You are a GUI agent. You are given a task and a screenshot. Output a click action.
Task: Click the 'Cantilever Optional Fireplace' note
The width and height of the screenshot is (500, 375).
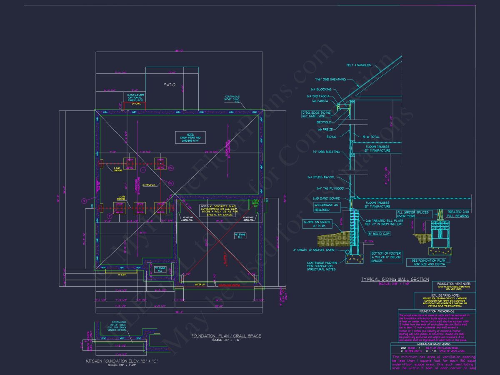[135, 97]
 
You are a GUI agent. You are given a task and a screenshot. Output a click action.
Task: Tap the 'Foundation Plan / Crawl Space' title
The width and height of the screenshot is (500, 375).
[226, 336]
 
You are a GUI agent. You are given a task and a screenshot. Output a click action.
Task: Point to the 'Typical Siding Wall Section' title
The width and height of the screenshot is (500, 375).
[395, 279]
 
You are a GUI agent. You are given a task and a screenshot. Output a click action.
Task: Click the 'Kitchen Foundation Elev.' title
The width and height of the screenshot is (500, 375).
[122, 361]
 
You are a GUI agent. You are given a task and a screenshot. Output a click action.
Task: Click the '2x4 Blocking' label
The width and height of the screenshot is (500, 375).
[321, 90]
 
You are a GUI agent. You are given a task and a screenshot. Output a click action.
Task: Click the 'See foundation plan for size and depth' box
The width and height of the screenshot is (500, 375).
[429, 262]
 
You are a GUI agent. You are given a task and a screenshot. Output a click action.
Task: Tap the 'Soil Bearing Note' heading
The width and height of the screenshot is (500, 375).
[445, 295]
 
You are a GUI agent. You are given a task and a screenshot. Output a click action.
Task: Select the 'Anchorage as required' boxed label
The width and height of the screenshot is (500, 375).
[327, 207]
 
